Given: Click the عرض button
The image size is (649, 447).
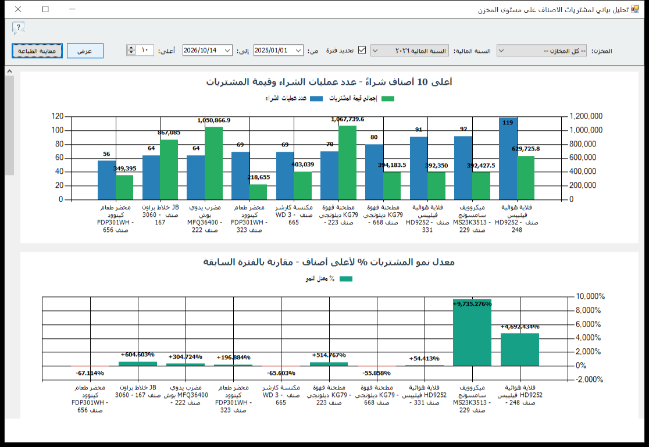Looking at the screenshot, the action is tap(85, 51).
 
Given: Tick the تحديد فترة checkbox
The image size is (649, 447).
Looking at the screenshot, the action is tap(362, 50).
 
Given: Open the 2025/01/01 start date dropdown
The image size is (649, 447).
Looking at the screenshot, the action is tap(298, 51).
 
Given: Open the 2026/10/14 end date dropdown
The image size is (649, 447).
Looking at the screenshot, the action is tap(227, 51).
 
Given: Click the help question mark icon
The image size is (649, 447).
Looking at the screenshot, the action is tap(18, 28).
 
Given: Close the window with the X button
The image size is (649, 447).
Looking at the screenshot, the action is tap(18, 9).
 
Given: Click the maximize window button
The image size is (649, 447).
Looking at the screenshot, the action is tap(45, 9).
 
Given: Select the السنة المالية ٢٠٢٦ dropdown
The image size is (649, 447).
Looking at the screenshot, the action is tap(409, 51).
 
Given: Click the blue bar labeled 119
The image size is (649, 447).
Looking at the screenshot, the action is tap(508, 159).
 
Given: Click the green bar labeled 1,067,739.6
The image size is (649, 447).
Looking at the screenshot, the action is tap(348, 163).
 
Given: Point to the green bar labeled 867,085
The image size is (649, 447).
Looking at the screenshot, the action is tap(169, 170).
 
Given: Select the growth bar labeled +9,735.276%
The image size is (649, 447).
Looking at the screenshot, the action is tap(472, 332).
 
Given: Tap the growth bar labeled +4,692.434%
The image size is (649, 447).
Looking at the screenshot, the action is tap(520, 350).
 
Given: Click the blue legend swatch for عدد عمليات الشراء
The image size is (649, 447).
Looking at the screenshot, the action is tap(316, 98).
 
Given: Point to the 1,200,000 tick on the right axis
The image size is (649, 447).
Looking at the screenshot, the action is tap(586, 116).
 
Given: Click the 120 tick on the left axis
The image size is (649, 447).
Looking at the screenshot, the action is tap(58, 116).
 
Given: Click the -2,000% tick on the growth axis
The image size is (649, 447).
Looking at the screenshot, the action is tap(590, 380).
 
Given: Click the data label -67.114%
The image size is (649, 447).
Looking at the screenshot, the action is tap(90, 373).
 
